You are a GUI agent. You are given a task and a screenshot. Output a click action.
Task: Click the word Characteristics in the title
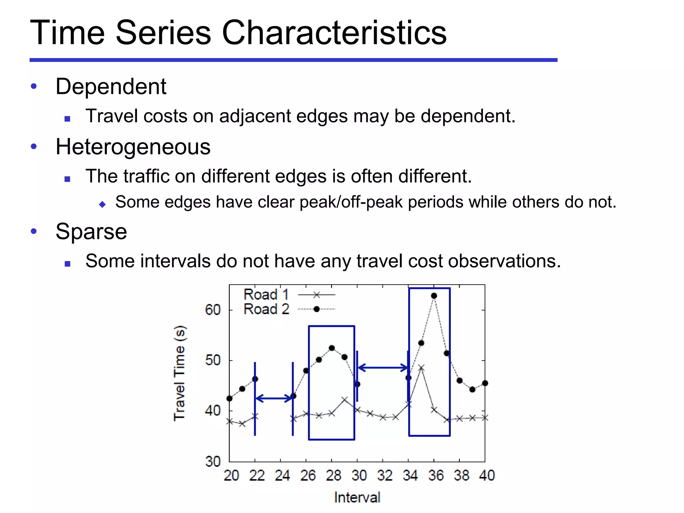(x=334, y=32)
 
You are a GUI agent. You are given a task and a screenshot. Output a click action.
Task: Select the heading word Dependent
(x=111, y=87)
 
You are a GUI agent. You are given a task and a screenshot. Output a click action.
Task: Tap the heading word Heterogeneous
(x=133, y=147)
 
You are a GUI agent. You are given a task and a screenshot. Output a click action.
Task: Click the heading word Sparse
(x=91, y=231)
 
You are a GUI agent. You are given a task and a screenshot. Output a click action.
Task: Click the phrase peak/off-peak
(x=351, y=202)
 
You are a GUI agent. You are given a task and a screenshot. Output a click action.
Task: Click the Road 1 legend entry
(x=289, y=295)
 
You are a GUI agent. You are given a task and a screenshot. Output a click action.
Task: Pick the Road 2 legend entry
(x=289, y=309)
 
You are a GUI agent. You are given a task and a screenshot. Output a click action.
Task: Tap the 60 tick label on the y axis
(x=213, y=310)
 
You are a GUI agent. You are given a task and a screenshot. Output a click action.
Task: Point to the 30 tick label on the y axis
(x=213, y=462)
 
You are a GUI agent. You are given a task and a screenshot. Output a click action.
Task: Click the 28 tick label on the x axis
(x=333, y=475)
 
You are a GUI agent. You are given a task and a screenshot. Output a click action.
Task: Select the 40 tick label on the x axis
(x=487, y=475)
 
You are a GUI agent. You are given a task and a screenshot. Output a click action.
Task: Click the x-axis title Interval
(x=357, y=497)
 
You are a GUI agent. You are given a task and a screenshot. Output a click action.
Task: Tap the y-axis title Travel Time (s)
(x=180, y=373)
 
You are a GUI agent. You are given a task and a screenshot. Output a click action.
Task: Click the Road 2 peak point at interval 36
(x=434, y=296)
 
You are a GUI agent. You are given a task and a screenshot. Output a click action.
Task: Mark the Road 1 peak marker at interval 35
(x=421, y=368)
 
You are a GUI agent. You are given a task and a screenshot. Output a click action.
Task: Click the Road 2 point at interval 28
(x=332, y=348)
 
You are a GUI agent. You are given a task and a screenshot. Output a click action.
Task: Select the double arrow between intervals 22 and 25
(x=274, y=398)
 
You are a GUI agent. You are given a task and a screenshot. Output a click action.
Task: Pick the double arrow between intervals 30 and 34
(x=383, y=368)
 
